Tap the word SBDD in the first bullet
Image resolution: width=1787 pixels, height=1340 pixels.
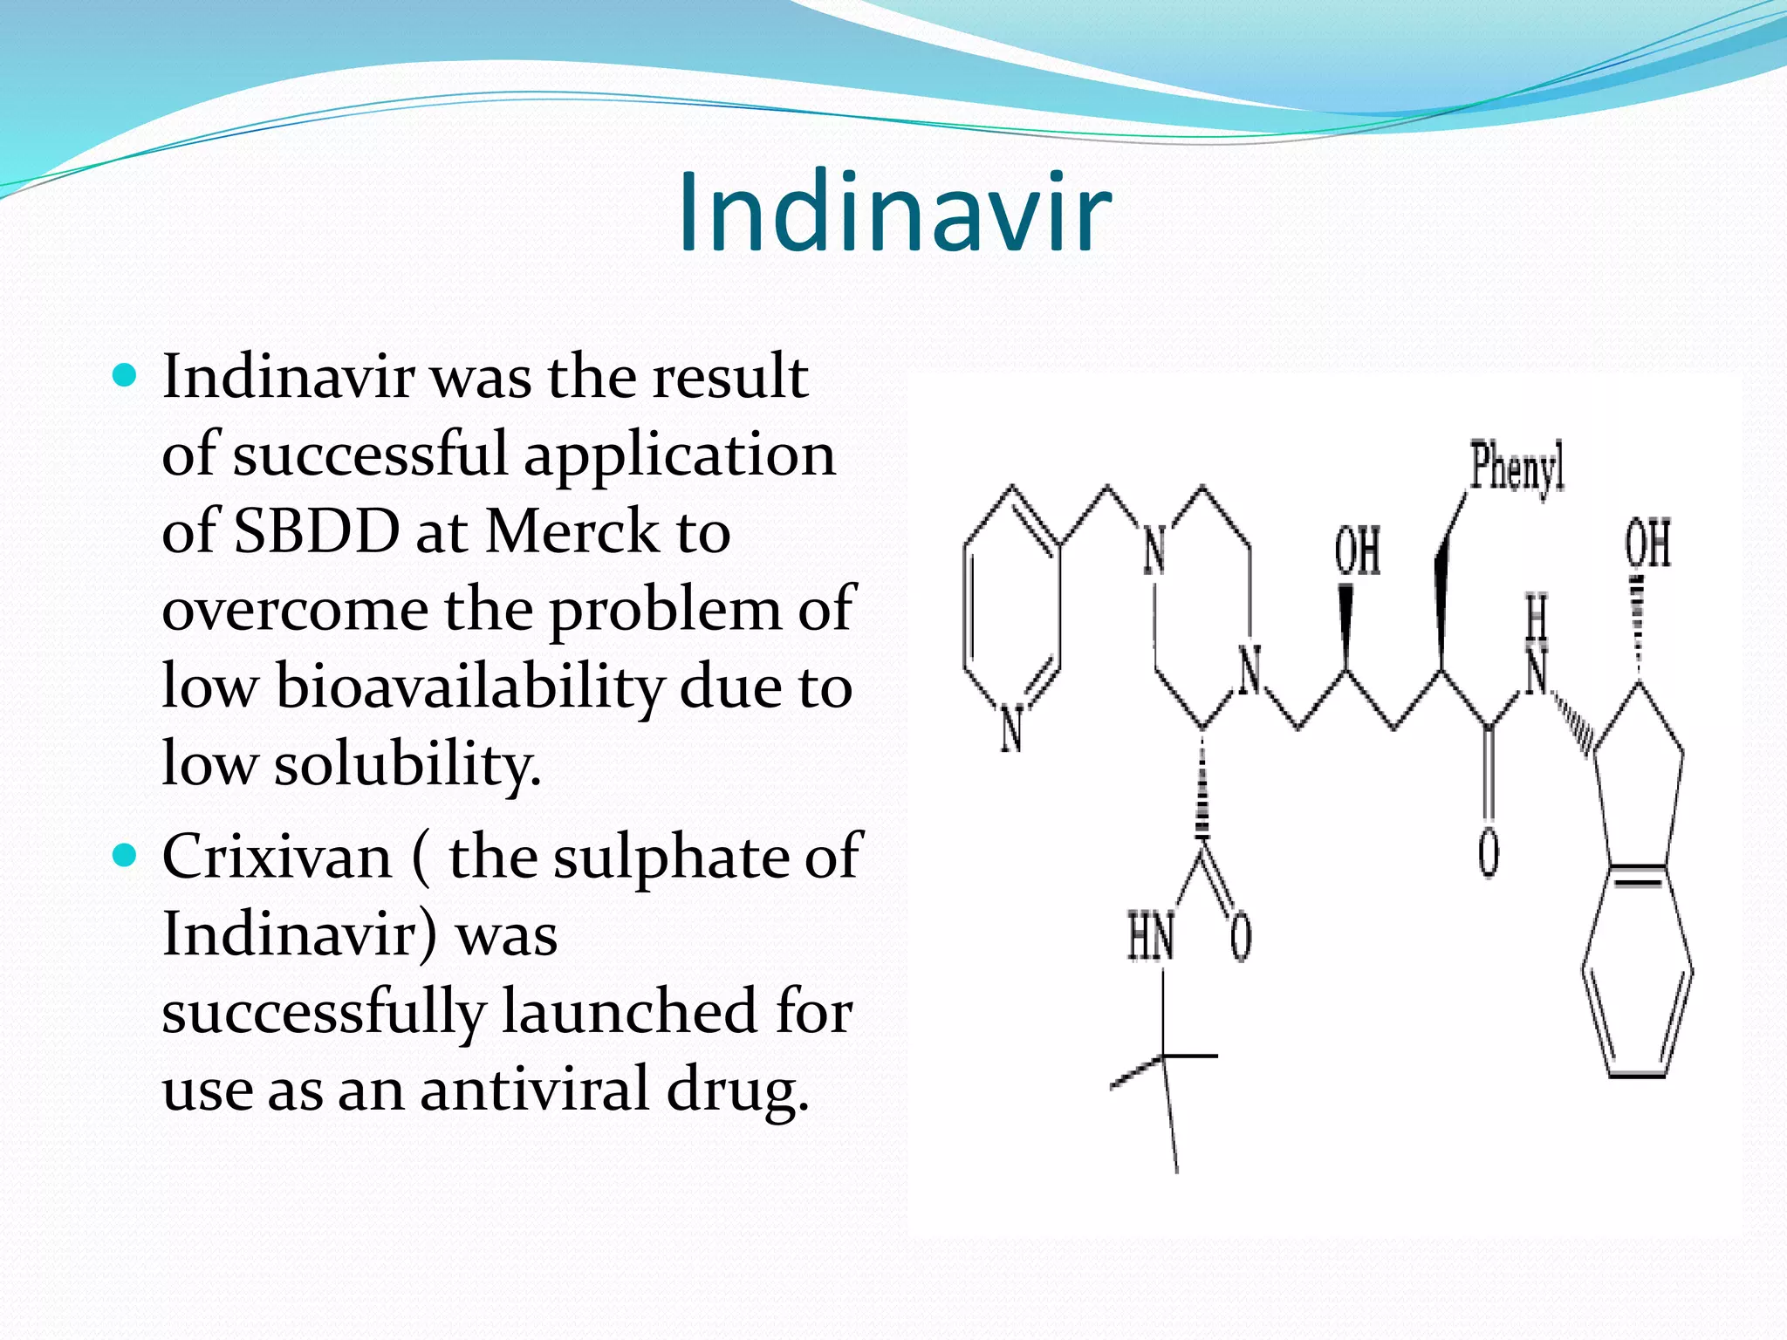click(317, 531)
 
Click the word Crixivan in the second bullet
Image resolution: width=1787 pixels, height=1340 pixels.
click(277, 857)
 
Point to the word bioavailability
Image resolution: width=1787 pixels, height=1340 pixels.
click(469, 687)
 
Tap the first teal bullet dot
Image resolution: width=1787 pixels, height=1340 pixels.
click(126, 376)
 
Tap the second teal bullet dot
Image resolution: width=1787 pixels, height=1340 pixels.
click(126, 856)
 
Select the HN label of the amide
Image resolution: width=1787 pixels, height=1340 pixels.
click(1151, 937)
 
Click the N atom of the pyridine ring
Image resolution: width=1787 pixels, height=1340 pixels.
click(1011, 728)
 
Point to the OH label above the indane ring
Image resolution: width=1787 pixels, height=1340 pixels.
click(1647, 543)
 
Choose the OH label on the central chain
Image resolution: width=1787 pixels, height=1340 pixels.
click(1358, 551)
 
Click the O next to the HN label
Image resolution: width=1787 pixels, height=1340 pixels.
click(1241, 937)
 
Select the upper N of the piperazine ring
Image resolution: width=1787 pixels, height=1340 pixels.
click(1154, 550)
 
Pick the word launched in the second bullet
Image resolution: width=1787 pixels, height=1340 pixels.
click(629, 1012)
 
